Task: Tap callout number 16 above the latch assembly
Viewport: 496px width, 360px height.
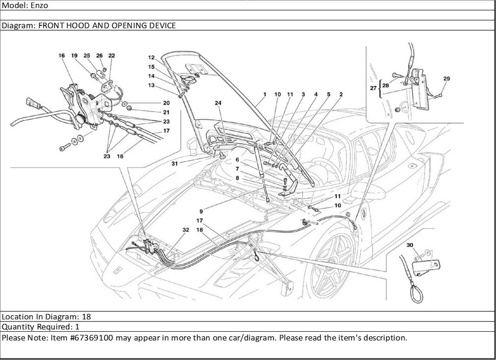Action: point(62,56)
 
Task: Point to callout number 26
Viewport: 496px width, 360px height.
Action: point(99,56)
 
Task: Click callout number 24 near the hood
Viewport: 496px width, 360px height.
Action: point(218,104)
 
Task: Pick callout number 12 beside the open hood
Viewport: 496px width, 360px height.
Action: point(151,58)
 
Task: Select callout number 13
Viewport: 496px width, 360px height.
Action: point(151,85)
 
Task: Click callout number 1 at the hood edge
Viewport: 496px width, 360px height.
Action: point(265,94)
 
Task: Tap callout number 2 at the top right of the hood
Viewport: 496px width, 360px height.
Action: point(341,94)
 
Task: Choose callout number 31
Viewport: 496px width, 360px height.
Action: point(175,163)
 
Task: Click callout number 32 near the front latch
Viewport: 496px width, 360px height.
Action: point(186,230)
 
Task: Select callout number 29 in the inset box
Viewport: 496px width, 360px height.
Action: point(446,79)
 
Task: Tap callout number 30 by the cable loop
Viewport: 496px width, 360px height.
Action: point(410,245)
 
